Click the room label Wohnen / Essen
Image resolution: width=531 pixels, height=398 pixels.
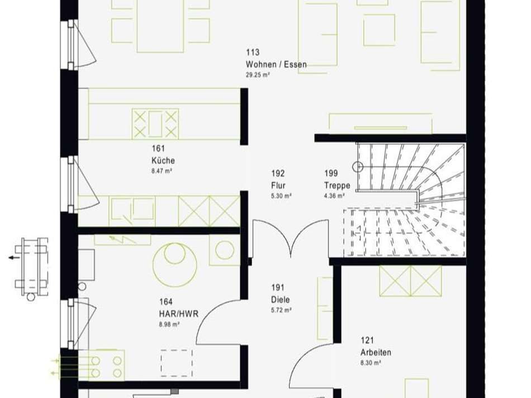(x=276, y=64)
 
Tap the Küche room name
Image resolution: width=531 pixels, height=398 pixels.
(x=163, y=160)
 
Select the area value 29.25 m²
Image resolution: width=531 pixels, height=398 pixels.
(x=258, y=75)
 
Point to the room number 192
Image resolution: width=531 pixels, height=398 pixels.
(x=278, y=173)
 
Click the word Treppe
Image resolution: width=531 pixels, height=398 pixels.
(x=337, y=186)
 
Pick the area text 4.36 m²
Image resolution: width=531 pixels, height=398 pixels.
(x=335, y=196)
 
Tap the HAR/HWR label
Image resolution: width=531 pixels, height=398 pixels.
(x=179, y=314)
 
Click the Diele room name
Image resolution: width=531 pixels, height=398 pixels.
(x=281, y=300)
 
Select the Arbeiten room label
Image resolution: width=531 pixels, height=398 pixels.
(x=376, y=352)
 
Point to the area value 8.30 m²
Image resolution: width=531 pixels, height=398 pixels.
(x=371, y=363)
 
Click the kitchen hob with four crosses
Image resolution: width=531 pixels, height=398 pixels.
(x=155, y=124)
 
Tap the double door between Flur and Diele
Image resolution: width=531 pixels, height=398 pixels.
(x=291, y=237)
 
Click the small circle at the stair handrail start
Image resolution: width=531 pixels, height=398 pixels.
(x=358, y=167)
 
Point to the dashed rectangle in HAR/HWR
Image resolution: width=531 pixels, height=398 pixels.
(x=177, y=363)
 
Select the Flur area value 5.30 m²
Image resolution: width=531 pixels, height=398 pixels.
(x=281, y=196)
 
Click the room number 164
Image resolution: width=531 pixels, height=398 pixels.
(x=166, y=301)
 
